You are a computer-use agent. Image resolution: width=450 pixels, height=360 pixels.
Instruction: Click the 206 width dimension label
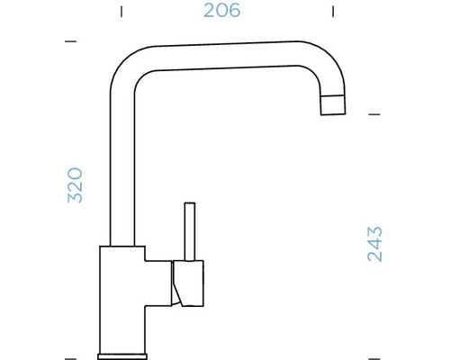(x=222, y=12)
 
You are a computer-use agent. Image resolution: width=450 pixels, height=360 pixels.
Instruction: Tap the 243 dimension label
(x=375, y=243)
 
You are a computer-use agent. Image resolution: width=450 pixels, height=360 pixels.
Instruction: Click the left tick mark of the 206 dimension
(x=121, y=12)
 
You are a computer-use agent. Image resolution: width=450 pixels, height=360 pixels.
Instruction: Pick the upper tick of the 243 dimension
(x=375, y=114)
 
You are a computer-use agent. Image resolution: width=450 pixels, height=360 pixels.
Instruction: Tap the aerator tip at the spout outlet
(x=333, y=104)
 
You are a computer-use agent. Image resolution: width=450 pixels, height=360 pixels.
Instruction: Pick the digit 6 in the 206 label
(x=236, y=12)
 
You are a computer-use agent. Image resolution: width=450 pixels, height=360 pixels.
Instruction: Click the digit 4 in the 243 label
(x=375, y=243)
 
